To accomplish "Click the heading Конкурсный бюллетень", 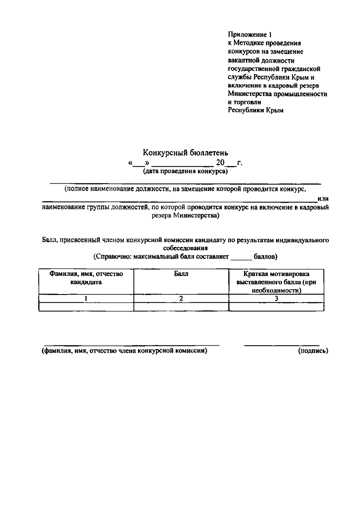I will (x=185, y=153).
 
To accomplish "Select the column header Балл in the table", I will (x=181, y=274).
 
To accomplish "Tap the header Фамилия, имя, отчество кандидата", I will (x=86, y=278).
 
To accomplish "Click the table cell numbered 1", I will (x=86, y=299).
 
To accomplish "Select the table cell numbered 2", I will (x=181, y=299).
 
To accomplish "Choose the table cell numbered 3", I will (x=276, y=299).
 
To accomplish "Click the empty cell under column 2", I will (x=181, y=307).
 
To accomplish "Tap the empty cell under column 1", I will (x=86, y=307).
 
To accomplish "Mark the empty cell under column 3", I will (x=276, y=307).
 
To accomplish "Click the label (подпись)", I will (x=313, y=351).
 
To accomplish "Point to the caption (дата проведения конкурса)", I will (x=185, y=172).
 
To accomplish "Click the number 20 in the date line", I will (x=220, y=163).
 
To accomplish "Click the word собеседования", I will (x=185, y=248).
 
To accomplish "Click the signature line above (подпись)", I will (x=282, y=345).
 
